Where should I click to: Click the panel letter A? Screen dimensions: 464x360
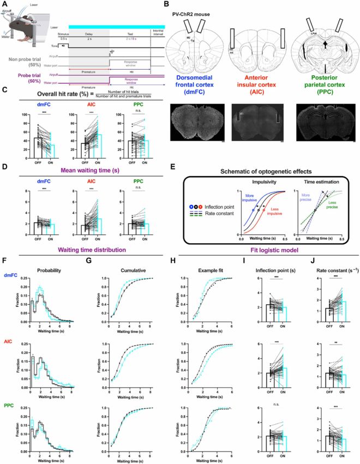click(4, 4)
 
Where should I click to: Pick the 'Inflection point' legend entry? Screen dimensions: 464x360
click(218, 208)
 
